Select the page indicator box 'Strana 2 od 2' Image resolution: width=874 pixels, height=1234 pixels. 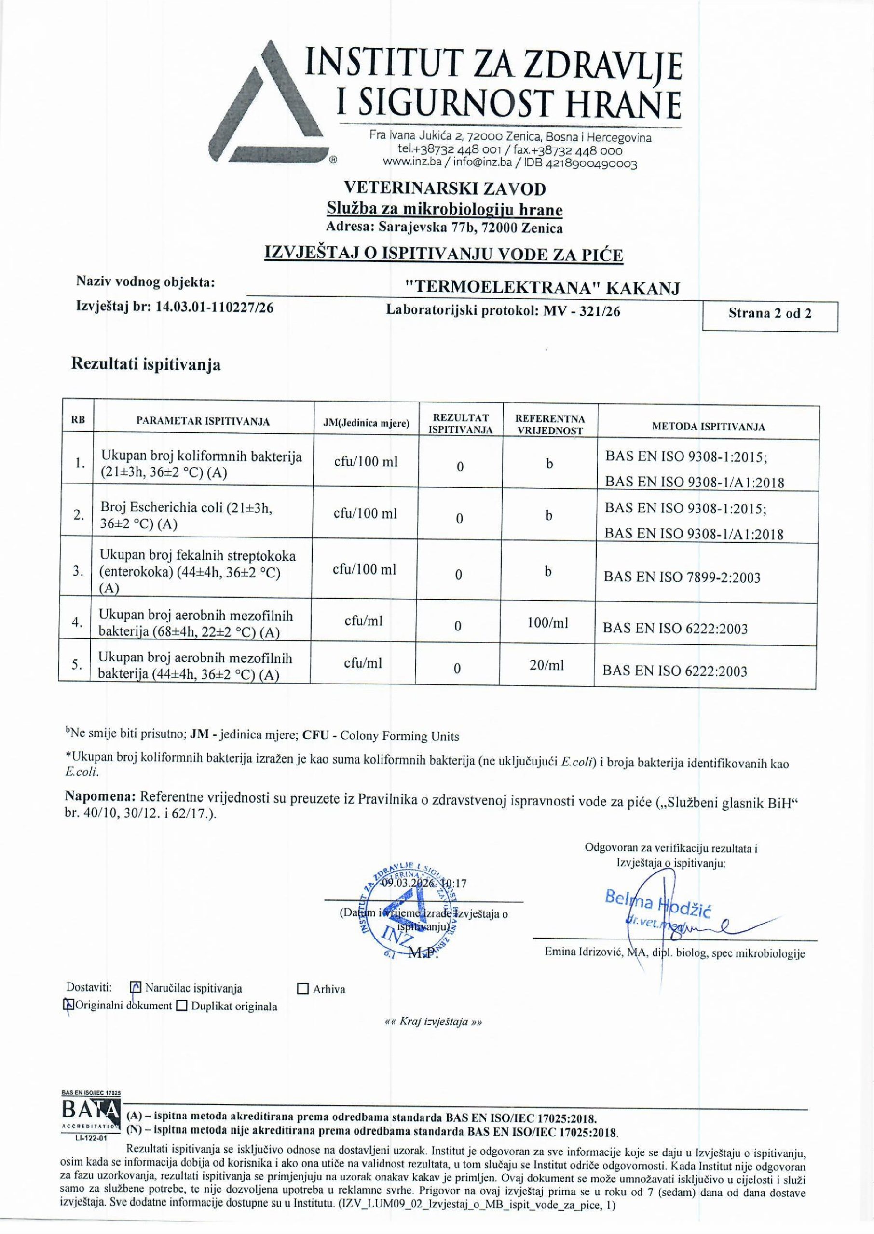pyautogui.click(x=770, y=313)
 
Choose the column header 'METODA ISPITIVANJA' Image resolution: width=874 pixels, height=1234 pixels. pyautogui.click(x=708, y=427)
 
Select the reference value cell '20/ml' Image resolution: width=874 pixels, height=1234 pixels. pyautogui.click(x=547, y=665)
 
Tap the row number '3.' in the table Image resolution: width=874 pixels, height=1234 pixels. pyautogui.click(x=78, y=571)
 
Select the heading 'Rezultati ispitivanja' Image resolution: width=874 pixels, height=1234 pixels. pyautogui.click(x=146, y=365)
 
